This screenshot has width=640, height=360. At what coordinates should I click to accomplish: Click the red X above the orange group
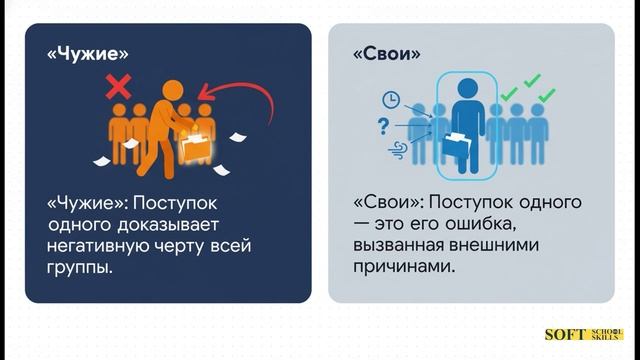pyautogui.click(x=118, y=88)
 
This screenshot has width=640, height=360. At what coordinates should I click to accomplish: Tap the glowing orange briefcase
pyautogui.click(x=196, y=147)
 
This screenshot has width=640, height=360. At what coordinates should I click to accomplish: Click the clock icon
pyautogui.click(x=390, y=99)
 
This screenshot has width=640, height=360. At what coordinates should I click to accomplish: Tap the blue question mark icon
pyautogui.click(x=382, y=125)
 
